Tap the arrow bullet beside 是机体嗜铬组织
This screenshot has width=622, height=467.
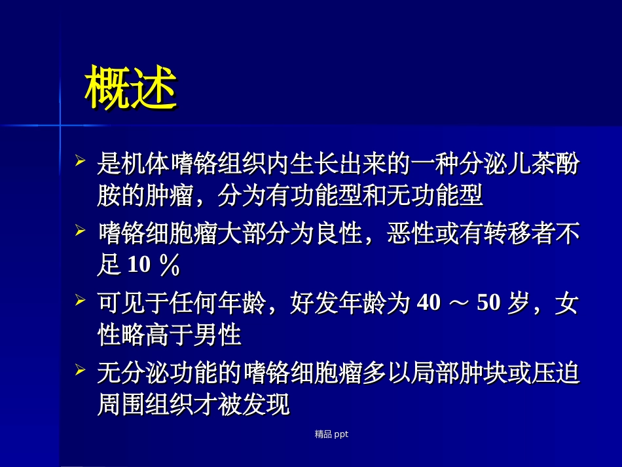click(81, 160)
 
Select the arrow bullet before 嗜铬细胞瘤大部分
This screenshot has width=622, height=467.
click(81, 230)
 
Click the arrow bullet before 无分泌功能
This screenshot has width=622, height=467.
click(81, 370)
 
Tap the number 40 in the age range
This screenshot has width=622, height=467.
click(428, 303)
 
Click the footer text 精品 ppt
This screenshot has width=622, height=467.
click(331, 434)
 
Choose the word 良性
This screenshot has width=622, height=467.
click(338, 234)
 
